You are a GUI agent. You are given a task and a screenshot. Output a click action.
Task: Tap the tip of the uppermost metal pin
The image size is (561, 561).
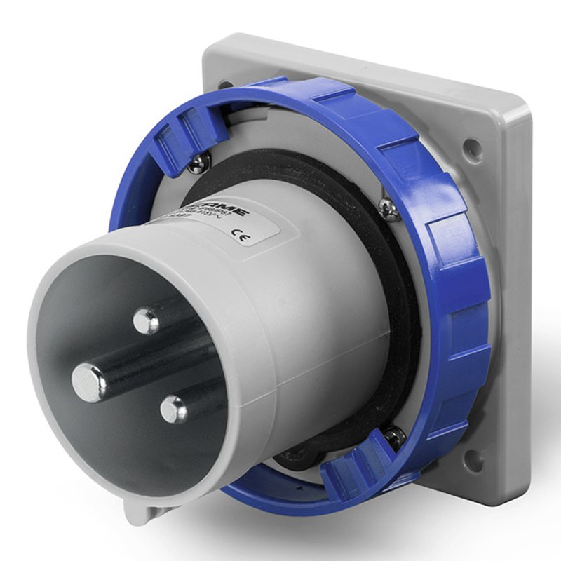click(x=146, y=321)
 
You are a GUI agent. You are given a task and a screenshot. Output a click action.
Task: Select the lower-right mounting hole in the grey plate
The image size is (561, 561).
click(x=473, y=459)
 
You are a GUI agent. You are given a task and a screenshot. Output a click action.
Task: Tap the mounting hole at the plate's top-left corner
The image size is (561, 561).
click(x=226, y=84)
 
